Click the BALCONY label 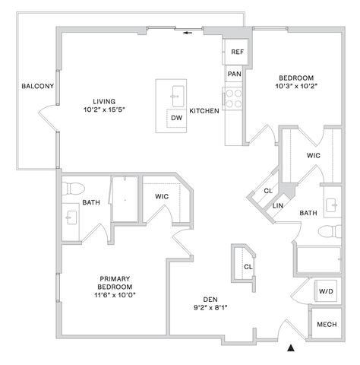coord(37,86)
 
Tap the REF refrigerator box coord(236,52)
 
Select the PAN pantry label coord(234,74)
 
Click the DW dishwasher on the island coord(176,118)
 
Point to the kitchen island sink coord(178,97)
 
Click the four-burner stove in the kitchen coord(233,99)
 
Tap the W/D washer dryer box coord(326,291)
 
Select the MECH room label coord(327,325)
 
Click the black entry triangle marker coord(291,348)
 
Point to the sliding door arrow coord(188,33)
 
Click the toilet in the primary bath coord(73,189)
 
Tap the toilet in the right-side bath coord(330,231)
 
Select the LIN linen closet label coord(278,206)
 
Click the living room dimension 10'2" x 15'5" coord(104,109)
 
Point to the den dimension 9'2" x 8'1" coord(210,308)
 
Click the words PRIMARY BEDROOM coord(115,283)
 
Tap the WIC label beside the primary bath coord(162,196)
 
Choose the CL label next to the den coord(248,267)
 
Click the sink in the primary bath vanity coord(71,217)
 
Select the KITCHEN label coord(204,111)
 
